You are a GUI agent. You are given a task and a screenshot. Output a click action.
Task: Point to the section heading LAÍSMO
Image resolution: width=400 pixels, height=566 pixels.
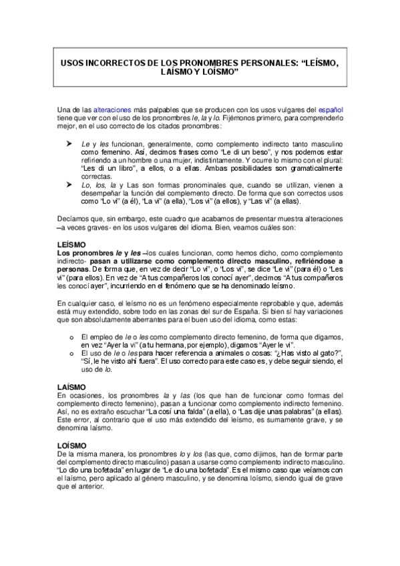point(71,387)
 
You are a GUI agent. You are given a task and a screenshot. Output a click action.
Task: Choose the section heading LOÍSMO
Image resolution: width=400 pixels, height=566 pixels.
point(71,445)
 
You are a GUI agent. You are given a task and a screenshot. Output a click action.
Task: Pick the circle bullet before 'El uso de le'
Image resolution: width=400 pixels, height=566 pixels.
point(71,353)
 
